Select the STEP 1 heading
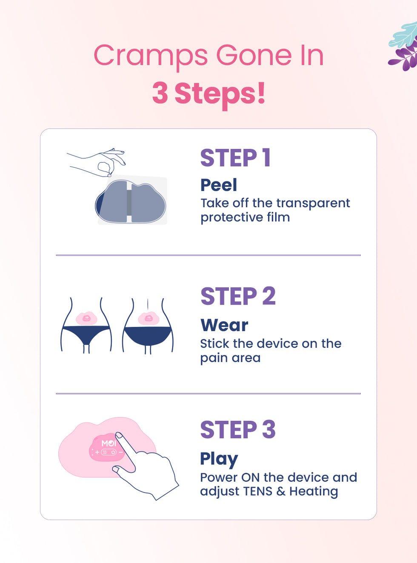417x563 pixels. tap(236, 157)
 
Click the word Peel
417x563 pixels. tap(219, 185)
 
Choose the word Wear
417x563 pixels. tap(224, 325)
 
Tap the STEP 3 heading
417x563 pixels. tap(238, 429)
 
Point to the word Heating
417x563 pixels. tap(314, 492)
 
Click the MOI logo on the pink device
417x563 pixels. tap(109, 443)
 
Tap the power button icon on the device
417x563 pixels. tap(113, 452)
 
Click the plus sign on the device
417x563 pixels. tap(97, 452)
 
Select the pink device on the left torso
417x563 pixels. tap(86, 318)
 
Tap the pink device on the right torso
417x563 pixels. tap(149, 318)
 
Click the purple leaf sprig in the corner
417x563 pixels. tap(405, 57)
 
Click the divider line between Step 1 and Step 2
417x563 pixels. tap(208, 255)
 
